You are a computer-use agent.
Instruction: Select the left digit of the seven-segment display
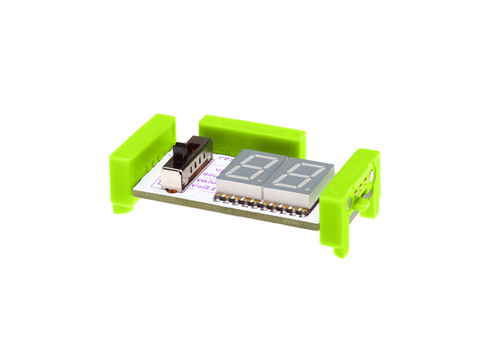click(249, 173)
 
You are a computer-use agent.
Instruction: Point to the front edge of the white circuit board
click(235, 213)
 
